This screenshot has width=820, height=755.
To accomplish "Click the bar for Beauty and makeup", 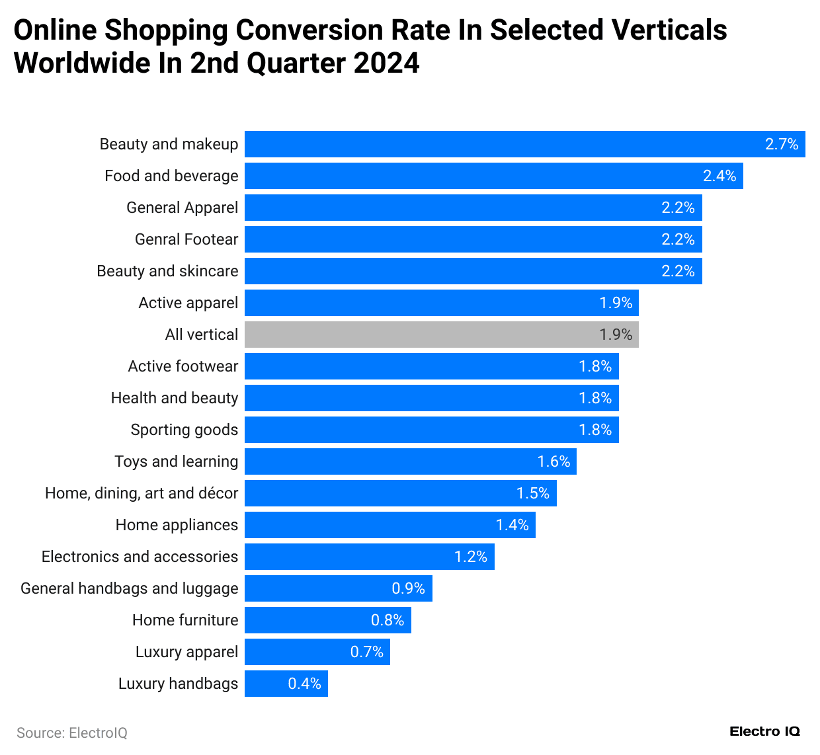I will click(x=524, y=144).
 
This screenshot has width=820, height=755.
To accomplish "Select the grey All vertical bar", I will click(x=441, y=335).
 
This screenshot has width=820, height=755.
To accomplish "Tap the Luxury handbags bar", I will click(x=286, y=684).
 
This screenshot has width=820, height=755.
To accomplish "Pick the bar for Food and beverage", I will click(x=493, y=176).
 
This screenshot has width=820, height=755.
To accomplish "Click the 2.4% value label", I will click(x=719, y=176).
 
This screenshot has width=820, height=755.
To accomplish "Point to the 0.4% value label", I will click(x=304, y=684).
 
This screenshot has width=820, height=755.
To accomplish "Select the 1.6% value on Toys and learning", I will click(x=553, y=461).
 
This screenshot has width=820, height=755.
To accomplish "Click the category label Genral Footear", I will click(x=186, y=239).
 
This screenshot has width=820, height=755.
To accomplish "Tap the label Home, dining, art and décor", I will click(x=142, y=493).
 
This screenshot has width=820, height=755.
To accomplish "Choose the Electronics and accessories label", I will click(x=140, y=557).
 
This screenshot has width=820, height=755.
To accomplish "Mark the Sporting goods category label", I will click(x=184, y=430).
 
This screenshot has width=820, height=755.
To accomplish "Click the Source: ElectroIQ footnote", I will click(x=71, y=733).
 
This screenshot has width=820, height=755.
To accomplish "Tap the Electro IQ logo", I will click(x=764, y=731).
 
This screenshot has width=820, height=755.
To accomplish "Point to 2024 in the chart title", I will click(x=386, y=63).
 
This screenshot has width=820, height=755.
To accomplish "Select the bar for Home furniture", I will click(x=327, y=620).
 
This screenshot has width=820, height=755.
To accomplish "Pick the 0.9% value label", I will click(x=408, y=588).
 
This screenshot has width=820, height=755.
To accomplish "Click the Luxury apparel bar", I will click(x=317, y=652).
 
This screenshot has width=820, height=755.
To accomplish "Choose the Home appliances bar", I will click(x=389, y=525).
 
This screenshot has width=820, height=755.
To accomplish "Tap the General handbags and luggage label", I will click(x=129, y=588).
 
